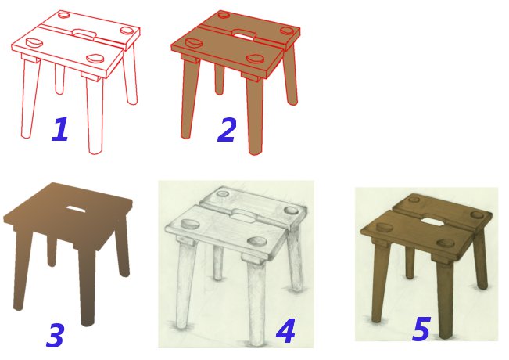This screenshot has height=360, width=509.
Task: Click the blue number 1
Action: tap(61, 129)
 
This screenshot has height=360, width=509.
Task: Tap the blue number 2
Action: tap(226, 130)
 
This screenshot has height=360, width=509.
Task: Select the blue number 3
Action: tap(56, 335)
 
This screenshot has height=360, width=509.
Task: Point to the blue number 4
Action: tap(285, 331)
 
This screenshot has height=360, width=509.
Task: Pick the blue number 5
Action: tap(421, 329)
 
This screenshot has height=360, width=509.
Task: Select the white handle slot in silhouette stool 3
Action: tap(77, 209)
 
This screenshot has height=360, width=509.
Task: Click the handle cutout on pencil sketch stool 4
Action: tap(243, 215)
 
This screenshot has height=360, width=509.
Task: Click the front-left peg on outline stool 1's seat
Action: tap(34, 42)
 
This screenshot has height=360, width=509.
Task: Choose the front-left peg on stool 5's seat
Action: tap(383, 228)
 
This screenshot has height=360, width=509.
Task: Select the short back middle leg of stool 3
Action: tap(52, 251)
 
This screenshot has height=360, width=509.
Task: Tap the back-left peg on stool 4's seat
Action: tap(223, 193)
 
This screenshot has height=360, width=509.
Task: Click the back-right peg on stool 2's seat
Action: tap(288, 31)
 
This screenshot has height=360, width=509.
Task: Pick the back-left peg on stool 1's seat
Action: tap(63, 15)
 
